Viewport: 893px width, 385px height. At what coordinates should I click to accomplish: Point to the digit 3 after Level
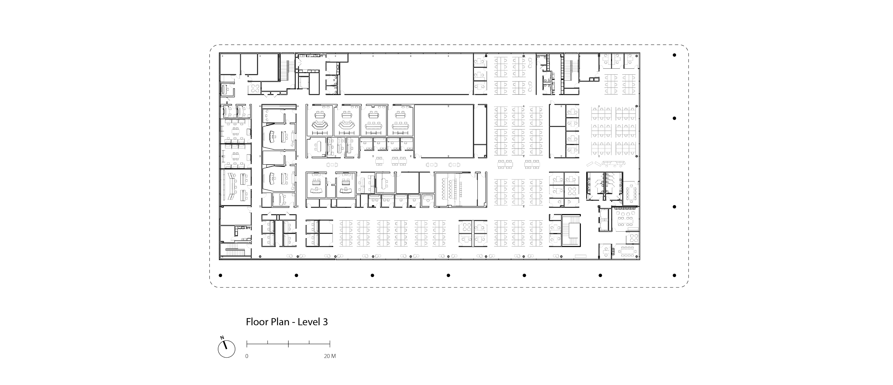325,322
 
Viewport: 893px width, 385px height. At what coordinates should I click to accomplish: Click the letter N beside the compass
222,337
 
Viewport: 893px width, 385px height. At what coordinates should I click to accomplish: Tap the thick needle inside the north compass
225,345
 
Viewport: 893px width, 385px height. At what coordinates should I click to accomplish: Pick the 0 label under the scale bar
247,356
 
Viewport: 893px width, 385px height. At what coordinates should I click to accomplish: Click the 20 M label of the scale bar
330,356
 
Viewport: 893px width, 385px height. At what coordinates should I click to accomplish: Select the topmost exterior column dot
674,55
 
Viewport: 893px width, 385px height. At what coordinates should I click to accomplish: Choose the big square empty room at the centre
444,131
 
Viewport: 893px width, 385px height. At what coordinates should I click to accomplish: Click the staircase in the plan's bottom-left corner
236,251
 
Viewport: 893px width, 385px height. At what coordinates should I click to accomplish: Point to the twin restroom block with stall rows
604,186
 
